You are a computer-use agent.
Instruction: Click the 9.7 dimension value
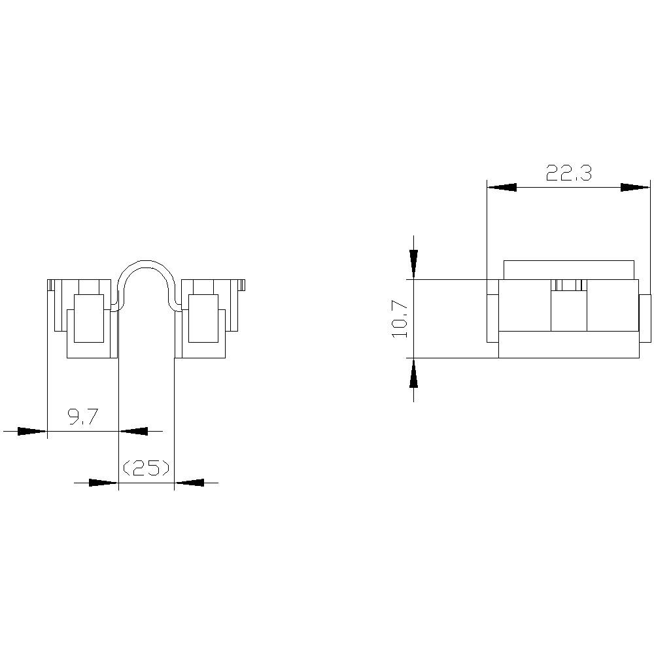(x=83, y=417)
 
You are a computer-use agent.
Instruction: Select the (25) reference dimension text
(x=146, y=468)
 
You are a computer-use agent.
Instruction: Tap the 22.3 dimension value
(x=569, y=173)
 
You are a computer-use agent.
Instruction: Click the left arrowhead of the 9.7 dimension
(x=31, y=431)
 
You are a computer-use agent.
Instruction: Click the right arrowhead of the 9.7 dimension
(x=134, y=431)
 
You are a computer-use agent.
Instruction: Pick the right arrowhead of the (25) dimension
(x=190, y=483)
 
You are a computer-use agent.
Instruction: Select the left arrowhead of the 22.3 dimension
(x=502, y=187)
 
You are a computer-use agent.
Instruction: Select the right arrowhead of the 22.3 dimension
(x=635, y=187)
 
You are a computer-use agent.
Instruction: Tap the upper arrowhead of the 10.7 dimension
(x=413, y=264)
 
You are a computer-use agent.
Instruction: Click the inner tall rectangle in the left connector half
(x=88, y=318)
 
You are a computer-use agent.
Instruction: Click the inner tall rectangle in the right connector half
(x=203, y=318)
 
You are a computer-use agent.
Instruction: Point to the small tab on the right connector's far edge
(x=243, y=284)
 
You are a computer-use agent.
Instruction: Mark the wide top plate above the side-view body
(x=569, y=269)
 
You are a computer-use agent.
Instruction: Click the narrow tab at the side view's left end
(x=492, y=311)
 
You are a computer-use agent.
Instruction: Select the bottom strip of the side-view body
(x=568, y=345)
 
